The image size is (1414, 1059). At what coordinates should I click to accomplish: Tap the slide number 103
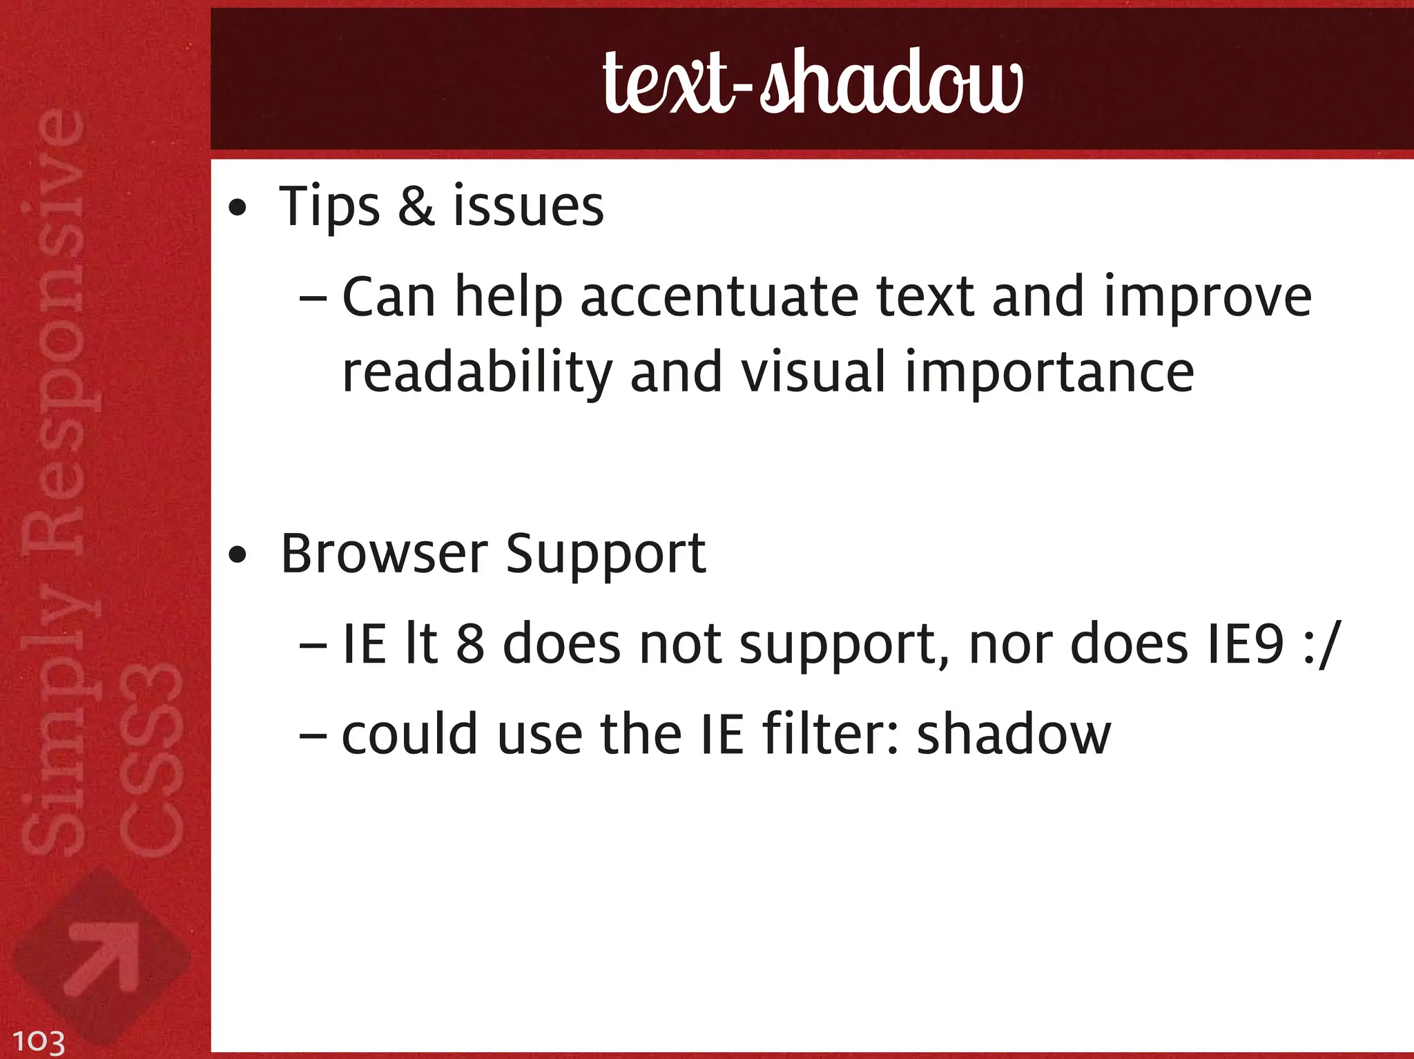pyautogui.click(x=39, y=1040)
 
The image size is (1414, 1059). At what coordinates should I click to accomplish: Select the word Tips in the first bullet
pyautogui.click(x=329, y=206)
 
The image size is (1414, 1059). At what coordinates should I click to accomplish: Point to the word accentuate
pyautogui.click(x=719, y=297)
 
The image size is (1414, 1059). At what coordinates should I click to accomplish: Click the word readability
pyautogui.click(x=477, y=373)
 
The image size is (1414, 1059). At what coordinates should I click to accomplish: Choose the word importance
pyautogui.click(x=1049, y=373)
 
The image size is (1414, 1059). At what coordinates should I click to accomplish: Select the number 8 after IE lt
pyautogui.click(x=470, y=644)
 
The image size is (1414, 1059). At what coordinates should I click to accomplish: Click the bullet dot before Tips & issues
pyautogui.click(x=238, y=208)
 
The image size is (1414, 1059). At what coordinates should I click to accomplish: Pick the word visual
pyautogui.click(x=813, y=373)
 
